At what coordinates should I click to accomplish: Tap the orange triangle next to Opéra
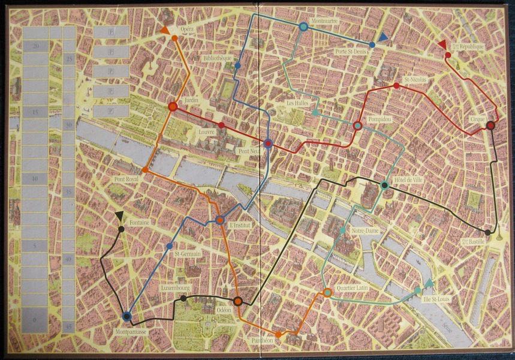pos(165,31)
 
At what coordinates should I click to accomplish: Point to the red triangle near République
pos(442,44)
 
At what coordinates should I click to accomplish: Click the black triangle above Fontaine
pos(120,217)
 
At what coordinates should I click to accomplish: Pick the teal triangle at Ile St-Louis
pos(429,284)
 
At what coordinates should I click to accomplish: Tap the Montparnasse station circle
pos(127,316)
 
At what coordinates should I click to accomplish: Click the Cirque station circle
pos(490,125)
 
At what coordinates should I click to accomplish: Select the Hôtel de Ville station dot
pos(384,185)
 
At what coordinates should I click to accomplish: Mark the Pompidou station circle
pos(357,126)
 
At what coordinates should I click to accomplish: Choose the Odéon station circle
pos(237,301)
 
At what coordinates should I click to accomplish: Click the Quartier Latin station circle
pos(327,292)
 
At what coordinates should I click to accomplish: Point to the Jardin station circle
pos(173,107)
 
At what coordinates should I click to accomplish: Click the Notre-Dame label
pos(367,231)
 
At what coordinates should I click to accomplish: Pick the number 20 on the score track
pos(37,46)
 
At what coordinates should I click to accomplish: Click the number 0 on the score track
pos(37,320)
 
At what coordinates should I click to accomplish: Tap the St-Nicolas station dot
pos(396,86)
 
